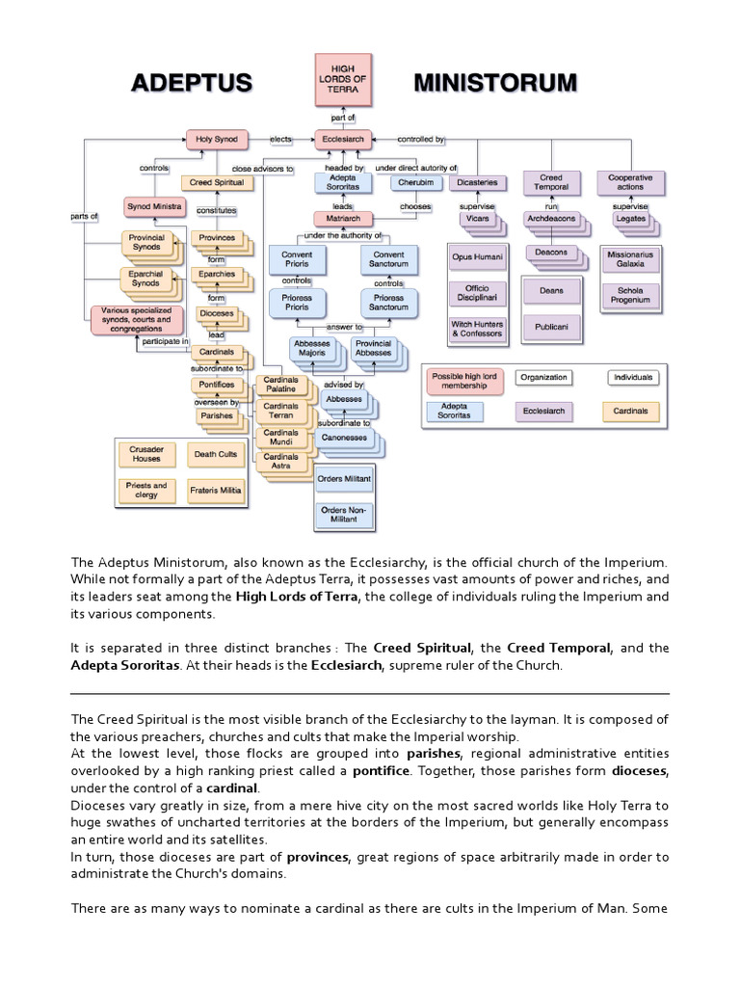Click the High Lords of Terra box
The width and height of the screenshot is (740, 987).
[342, 79]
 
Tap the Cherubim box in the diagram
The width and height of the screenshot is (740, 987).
[415, 181]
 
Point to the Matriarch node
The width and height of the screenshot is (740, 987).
[342, 219]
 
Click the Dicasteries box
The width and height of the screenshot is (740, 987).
[479, 181]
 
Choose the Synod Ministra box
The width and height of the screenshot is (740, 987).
[154, 206]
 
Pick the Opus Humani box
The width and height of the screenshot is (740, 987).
[477, 257]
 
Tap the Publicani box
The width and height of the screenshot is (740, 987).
[551, 327]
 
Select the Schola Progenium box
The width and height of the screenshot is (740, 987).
[631, 295]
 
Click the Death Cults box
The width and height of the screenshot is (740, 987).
[216, 454]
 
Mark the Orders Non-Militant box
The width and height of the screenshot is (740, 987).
[344, 514]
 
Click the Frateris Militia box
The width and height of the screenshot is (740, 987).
[216, 490]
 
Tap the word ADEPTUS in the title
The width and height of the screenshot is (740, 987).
[191, 83]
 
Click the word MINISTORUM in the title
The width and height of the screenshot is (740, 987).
[495, 83]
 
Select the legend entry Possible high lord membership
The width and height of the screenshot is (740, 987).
[466, 381]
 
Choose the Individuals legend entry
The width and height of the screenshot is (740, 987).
[632, 378]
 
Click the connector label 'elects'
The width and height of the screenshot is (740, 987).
[281, 140]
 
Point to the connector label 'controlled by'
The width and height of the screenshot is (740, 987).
[420, 140]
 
